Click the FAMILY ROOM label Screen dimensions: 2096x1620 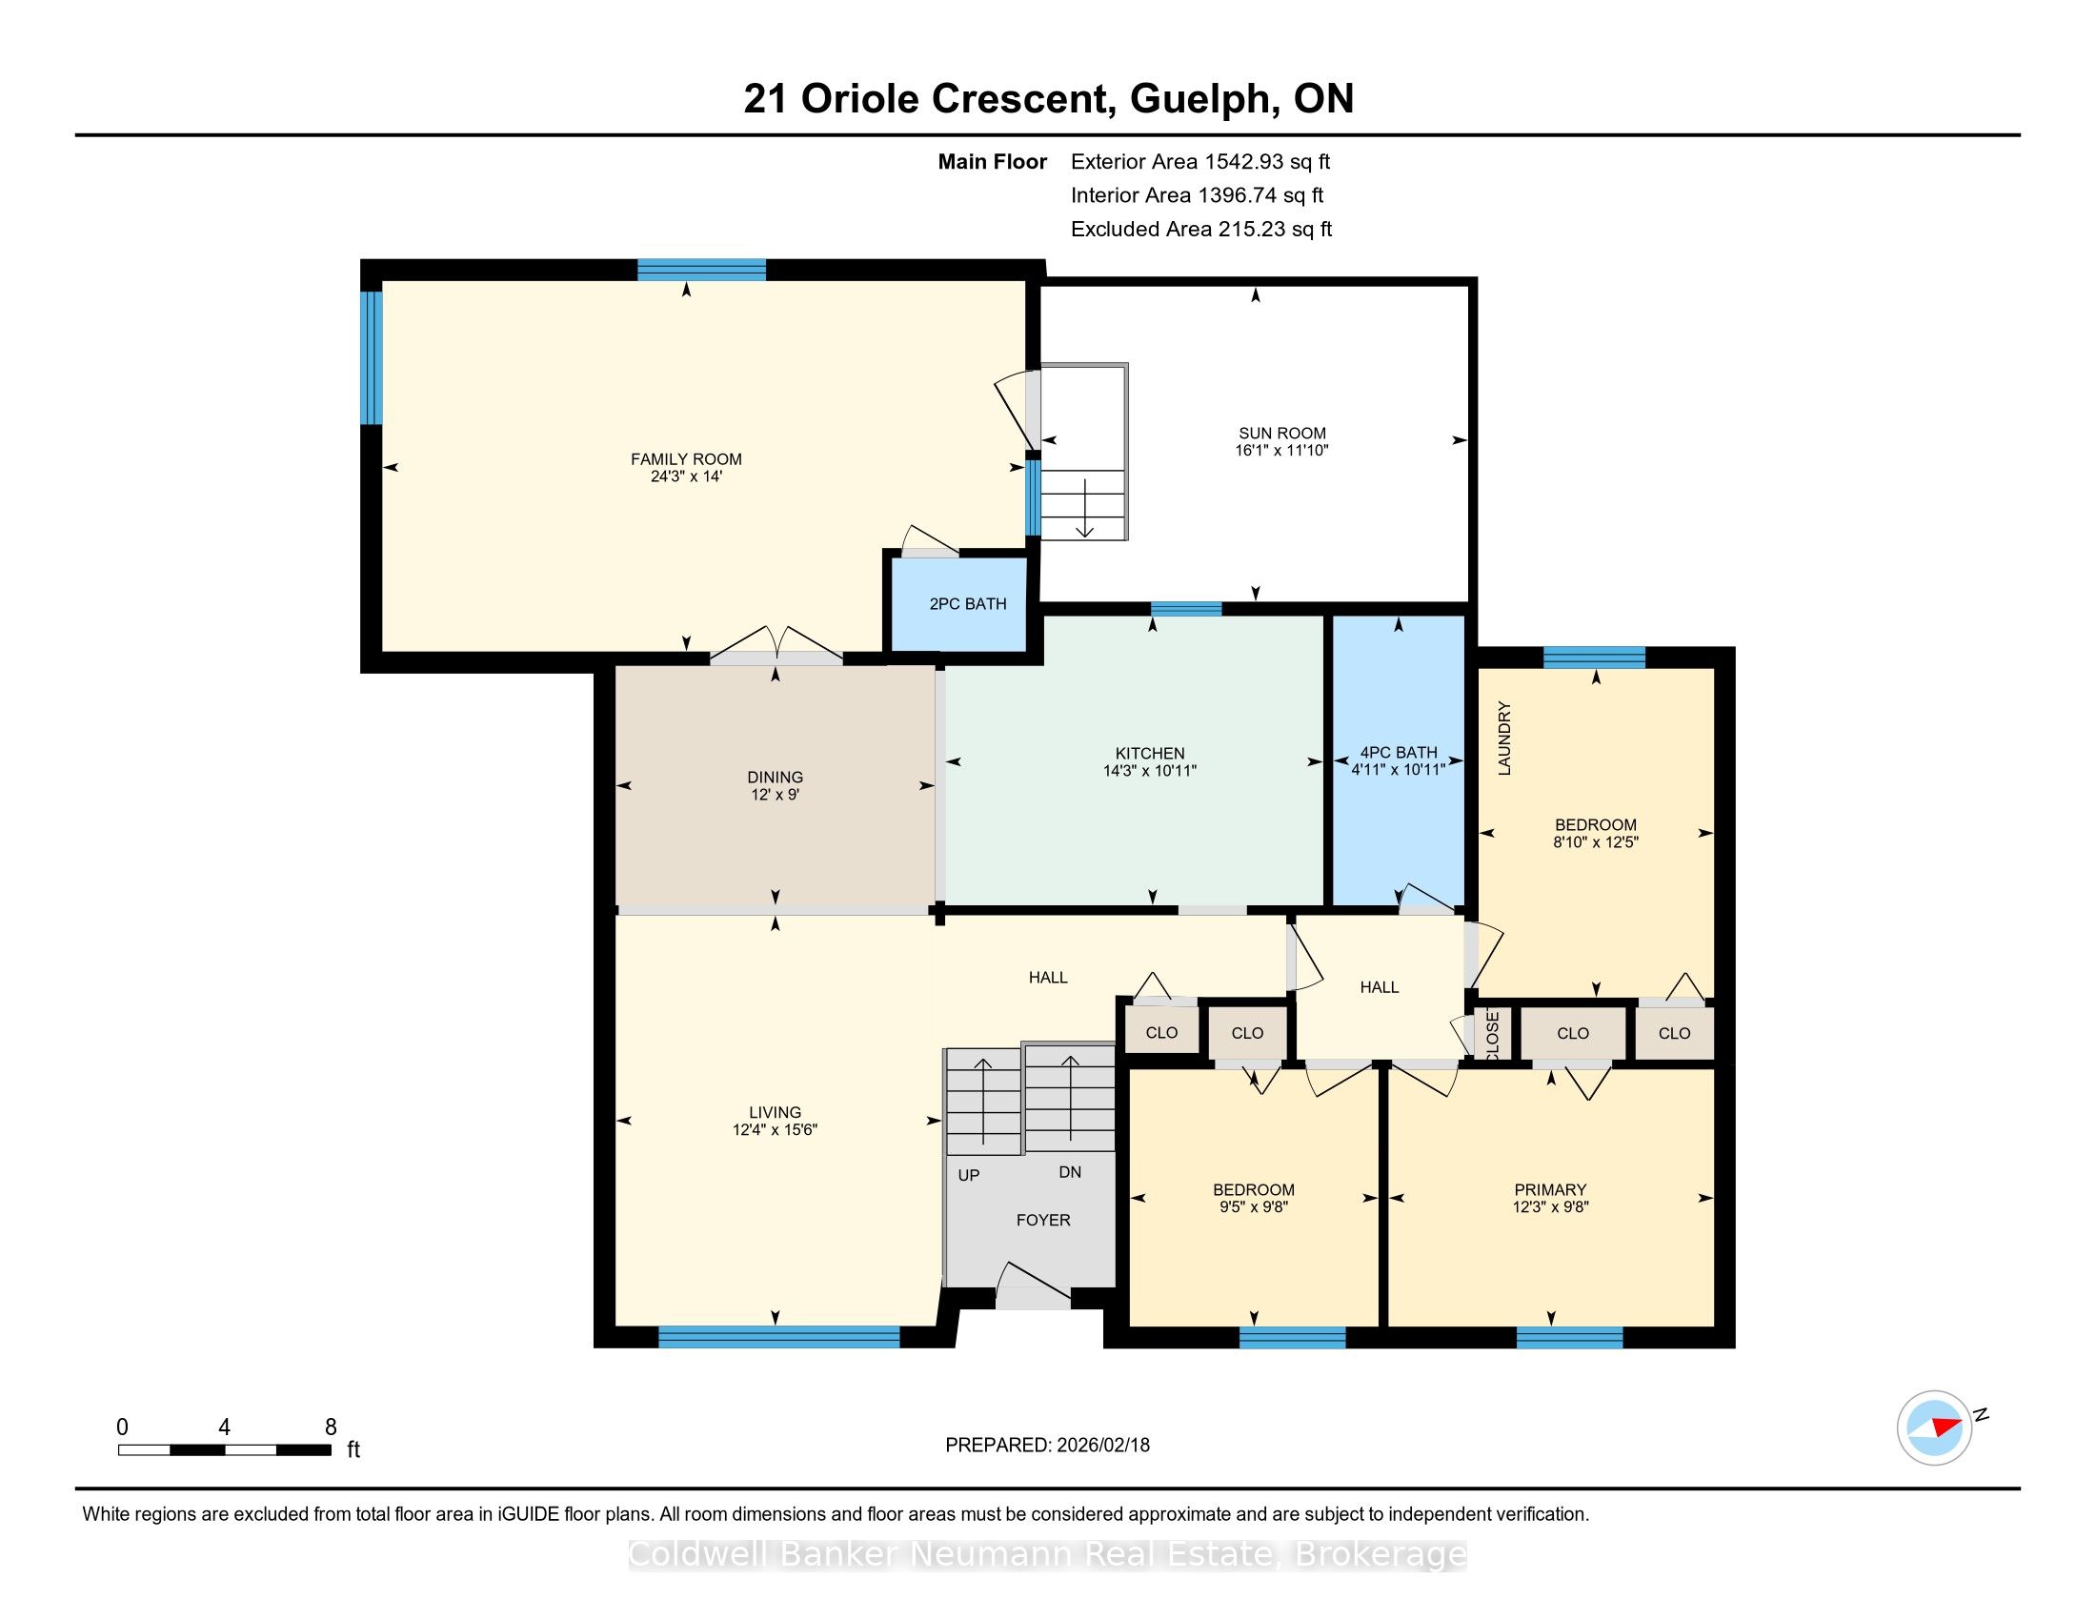coord(685,458)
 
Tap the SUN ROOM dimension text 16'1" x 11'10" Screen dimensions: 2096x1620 coord(1281,450)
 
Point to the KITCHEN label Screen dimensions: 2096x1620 coord(1150,754)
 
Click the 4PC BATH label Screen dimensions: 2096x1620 coord(1399,753)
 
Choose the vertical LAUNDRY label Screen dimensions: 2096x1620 coord(1504,738)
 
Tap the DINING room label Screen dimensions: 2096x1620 coord(775,778)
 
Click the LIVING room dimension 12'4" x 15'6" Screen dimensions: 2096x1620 coord(775,1129)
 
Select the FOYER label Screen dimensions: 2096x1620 coord(1043,1220)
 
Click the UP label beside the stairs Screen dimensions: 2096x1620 coord(968,1175)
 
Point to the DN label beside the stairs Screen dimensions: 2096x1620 coord(1070,1172)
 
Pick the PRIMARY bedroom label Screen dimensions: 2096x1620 coord(1550,1189)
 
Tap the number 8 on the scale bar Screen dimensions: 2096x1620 coord(331,1427)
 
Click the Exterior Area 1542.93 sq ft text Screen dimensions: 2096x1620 coord(1200,162)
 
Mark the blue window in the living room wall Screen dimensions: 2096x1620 coord(779,1336)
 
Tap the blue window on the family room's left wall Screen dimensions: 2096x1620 coord(372,357)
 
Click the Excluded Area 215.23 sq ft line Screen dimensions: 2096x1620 coord(1201,230)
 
